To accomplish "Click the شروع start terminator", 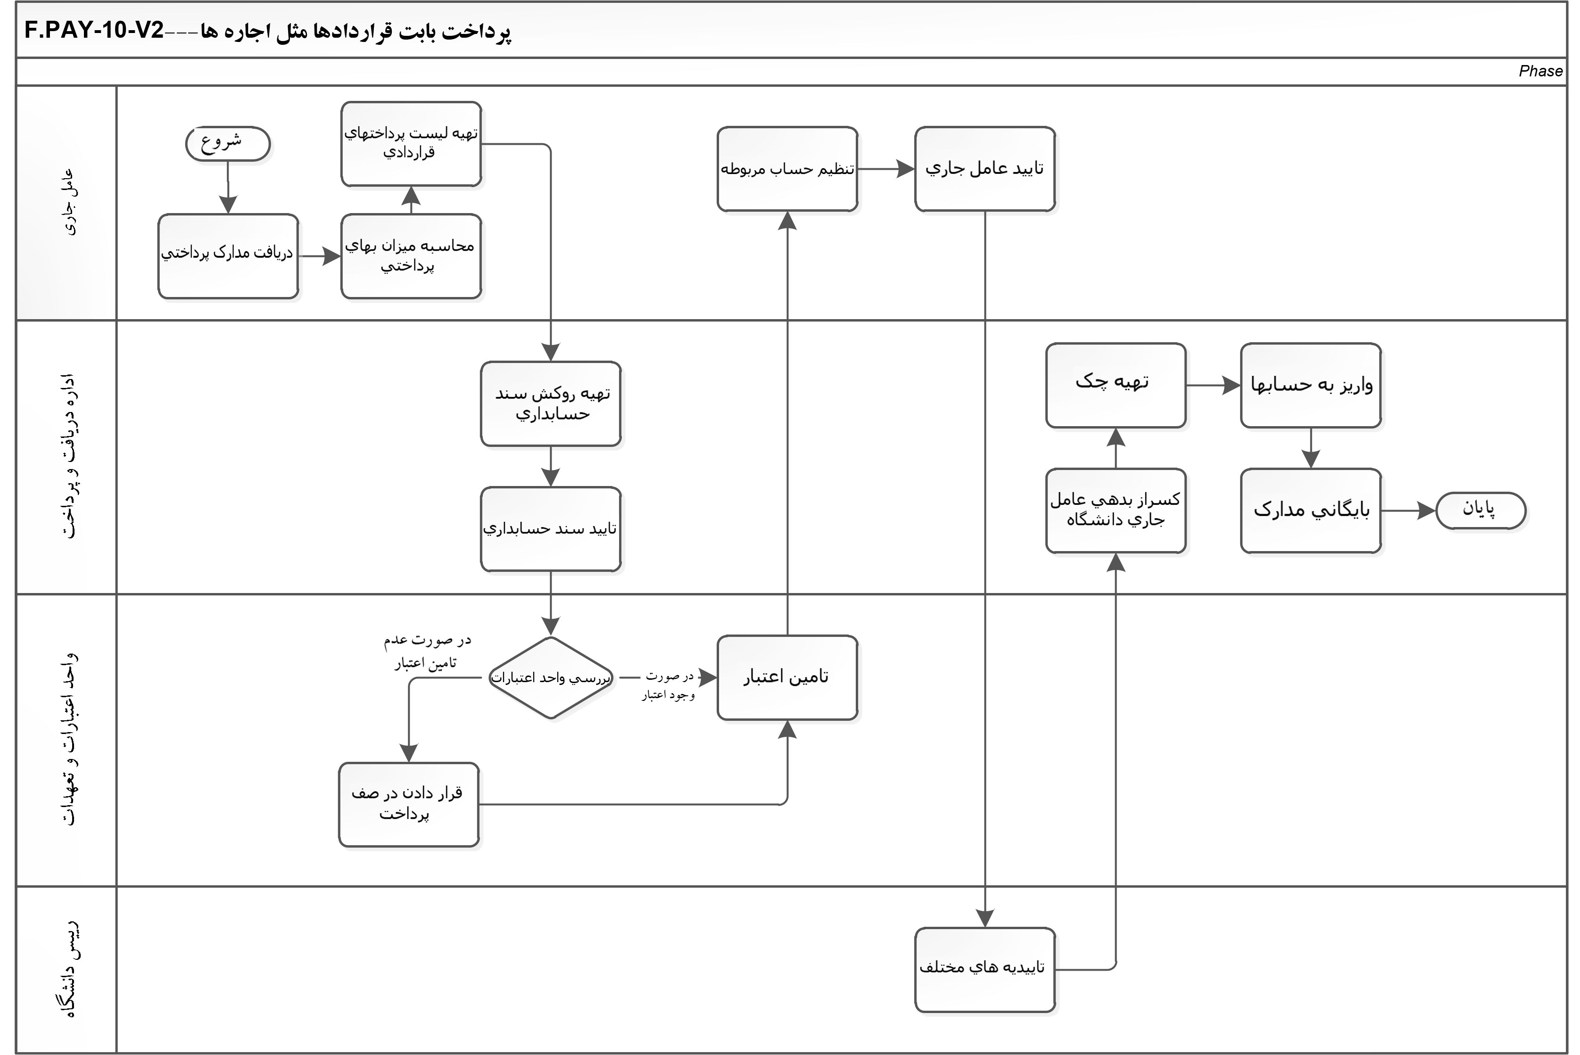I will pyautogui.click(x=227, y=143).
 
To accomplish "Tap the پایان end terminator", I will pyautogui.click(x=1481, y=511).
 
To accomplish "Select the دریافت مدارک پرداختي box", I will pyautogui.click(x=228, y=256).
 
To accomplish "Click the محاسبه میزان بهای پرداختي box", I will pyautogui.click(x=411, y=256).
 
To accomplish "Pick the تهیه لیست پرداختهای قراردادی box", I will pyautogui.click(x=411, y=143).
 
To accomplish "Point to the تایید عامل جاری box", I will pyautogui.click(x=984, y=169).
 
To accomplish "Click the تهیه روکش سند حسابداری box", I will pyautogui.click(x=550, y=404).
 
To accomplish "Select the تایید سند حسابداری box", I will pyautogui.click(x=550, y=529).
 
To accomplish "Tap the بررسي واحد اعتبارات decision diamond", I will pyautogui.click(x=550, y=677).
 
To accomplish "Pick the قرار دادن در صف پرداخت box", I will pyautogui.click(x=408, y=804).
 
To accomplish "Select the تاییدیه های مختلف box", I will pyautogui.click(x=984, y=970).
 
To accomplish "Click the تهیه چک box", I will pyautogui.click(x=1115, y=385).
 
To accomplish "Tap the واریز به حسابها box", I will pyautogui.click(x=1310, y=385).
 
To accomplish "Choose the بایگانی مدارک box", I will pyautogui.click(x=1310, y=511).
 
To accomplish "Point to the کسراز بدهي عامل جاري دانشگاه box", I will pyautogui.click(x=1115, y=511).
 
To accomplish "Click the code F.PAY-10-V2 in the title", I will pyautogui.click(x=94, y=31).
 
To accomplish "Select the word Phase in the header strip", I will pyautogui.click(x=1539, y=71).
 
